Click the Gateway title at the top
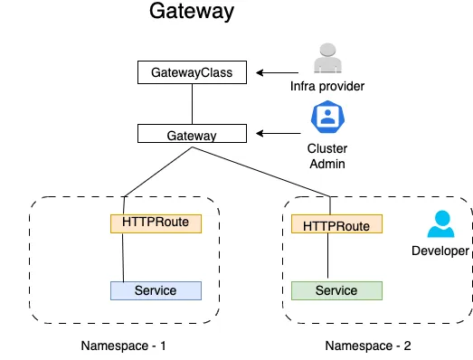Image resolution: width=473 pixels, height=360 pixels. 191,14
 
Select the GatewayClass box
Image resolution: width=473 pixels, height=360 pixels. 191,72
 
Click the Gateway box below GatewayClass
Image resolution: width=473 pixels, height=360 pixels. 191,135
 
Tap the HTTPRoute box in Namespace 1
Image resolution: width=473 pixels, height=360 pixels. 156,222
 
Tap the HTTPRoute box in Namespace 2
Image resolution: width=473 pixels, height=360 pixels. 336,223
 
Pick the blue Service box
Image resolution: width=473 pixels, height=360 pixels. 156,290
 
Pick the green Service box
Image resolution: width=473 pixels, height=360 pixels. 336,290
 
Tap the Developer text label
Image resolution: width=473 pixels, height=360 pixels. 440,251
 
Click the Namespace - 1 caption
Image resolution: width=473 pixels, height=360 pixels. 124,345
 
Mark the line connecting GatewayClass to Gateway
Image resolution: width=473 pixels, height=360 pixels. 191,104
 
